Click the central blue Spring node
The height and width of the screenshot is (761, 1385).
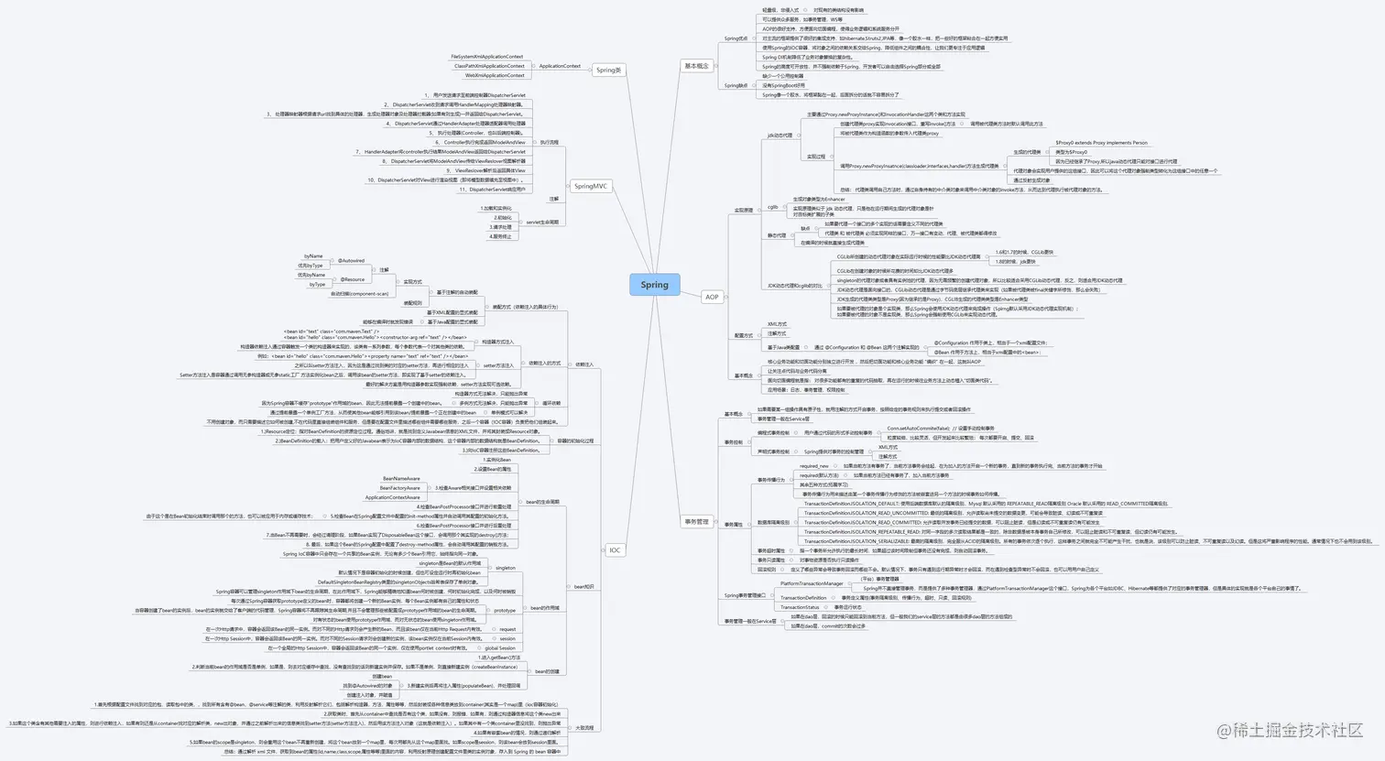[654, 285]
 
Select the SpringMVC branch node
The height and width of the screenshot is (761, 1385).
[591, 186]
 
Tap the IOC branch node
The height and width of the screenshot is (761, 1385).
[615, 550]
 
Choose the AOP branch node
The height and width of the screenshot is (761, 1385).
[712, 297]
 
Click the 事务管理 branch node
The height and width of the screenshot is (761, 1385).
[696, 522]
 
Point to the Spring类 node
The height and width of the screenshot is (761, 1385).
[608, 71]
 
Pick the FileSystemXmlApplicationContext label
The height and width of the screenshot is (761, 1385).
[487, 57]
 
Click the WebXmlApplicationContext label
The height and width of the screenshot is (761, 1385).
[495, 75]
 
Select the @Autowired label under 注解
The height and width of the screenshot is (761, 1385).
[351, 261]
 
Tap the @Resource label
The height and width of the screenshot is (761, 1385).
[353, 279]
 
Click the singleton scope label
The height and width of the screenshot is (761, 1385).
[506, 568]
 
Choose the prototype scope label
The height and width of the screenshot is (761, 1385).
[505, 610]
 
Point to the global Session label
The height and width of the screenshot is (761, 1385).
[500, 648]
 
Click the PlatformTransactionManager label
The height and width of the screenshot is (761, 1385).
[812, 583]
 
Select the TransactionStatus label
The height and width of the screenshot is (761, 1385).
[800, 607]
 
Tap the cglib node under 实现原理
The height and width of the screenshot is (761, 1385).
[772, 207]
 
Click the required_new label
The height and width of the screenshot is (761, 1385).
[813, 466]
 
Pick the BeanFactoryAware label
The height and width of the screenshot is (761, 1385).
[400, 488]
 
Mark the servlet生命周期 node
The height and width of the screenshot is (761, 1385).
[541, 223]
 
